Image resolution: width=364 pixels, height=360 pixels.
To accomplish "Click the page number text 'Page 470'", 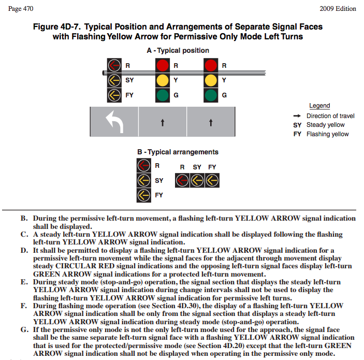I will point(21,9).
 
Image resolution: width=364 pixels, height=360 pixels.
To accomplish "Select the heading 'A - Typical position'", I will point(178,50).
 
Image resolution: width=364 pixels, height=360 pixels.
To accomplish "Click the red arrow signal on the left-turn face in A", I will point(114,66).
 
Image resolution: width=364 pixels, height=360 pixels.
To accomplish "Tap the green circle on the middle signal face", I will point(163,95).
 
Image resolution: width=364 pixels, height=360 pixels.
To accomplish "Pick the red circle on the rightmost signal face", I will point(211,66).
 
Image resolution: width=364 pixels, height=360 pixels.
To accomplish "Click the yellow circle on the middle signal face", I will point(163,80).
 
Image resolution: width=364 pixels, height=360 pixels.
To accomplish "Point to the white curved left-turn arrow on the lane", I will point(114,122).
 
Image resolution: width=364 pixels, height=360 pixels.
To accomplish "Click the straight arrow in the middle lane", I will point(163,123).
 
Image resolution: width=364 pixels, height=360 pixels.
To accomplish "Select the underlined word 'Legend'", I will point(319,106).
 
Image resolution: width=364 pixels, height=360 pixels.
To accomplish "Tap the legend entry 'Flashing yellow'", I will point(328,134).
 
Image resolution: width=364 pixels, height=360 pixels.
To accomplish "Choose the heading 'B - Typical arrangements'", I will point(178,152).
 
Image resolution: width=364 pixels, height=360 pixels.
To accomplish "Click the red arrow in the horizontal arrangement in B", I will point(182,180).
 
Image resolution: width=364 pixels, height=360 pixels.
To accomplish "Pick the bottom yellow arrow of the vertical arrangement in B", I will point(144,195).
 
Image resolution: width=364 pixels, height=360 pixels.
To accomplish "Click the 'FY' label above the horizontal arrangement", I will point(212,167).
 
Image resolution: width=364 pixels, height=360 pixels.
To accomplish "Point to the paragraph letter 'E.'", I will point(24,282).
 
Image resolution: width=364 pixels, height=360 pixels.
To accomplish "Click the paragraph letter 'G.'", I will point(24,329).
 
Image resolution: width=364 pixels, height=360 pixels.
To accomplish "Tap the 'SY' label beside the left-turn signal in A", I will point(129,80).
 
